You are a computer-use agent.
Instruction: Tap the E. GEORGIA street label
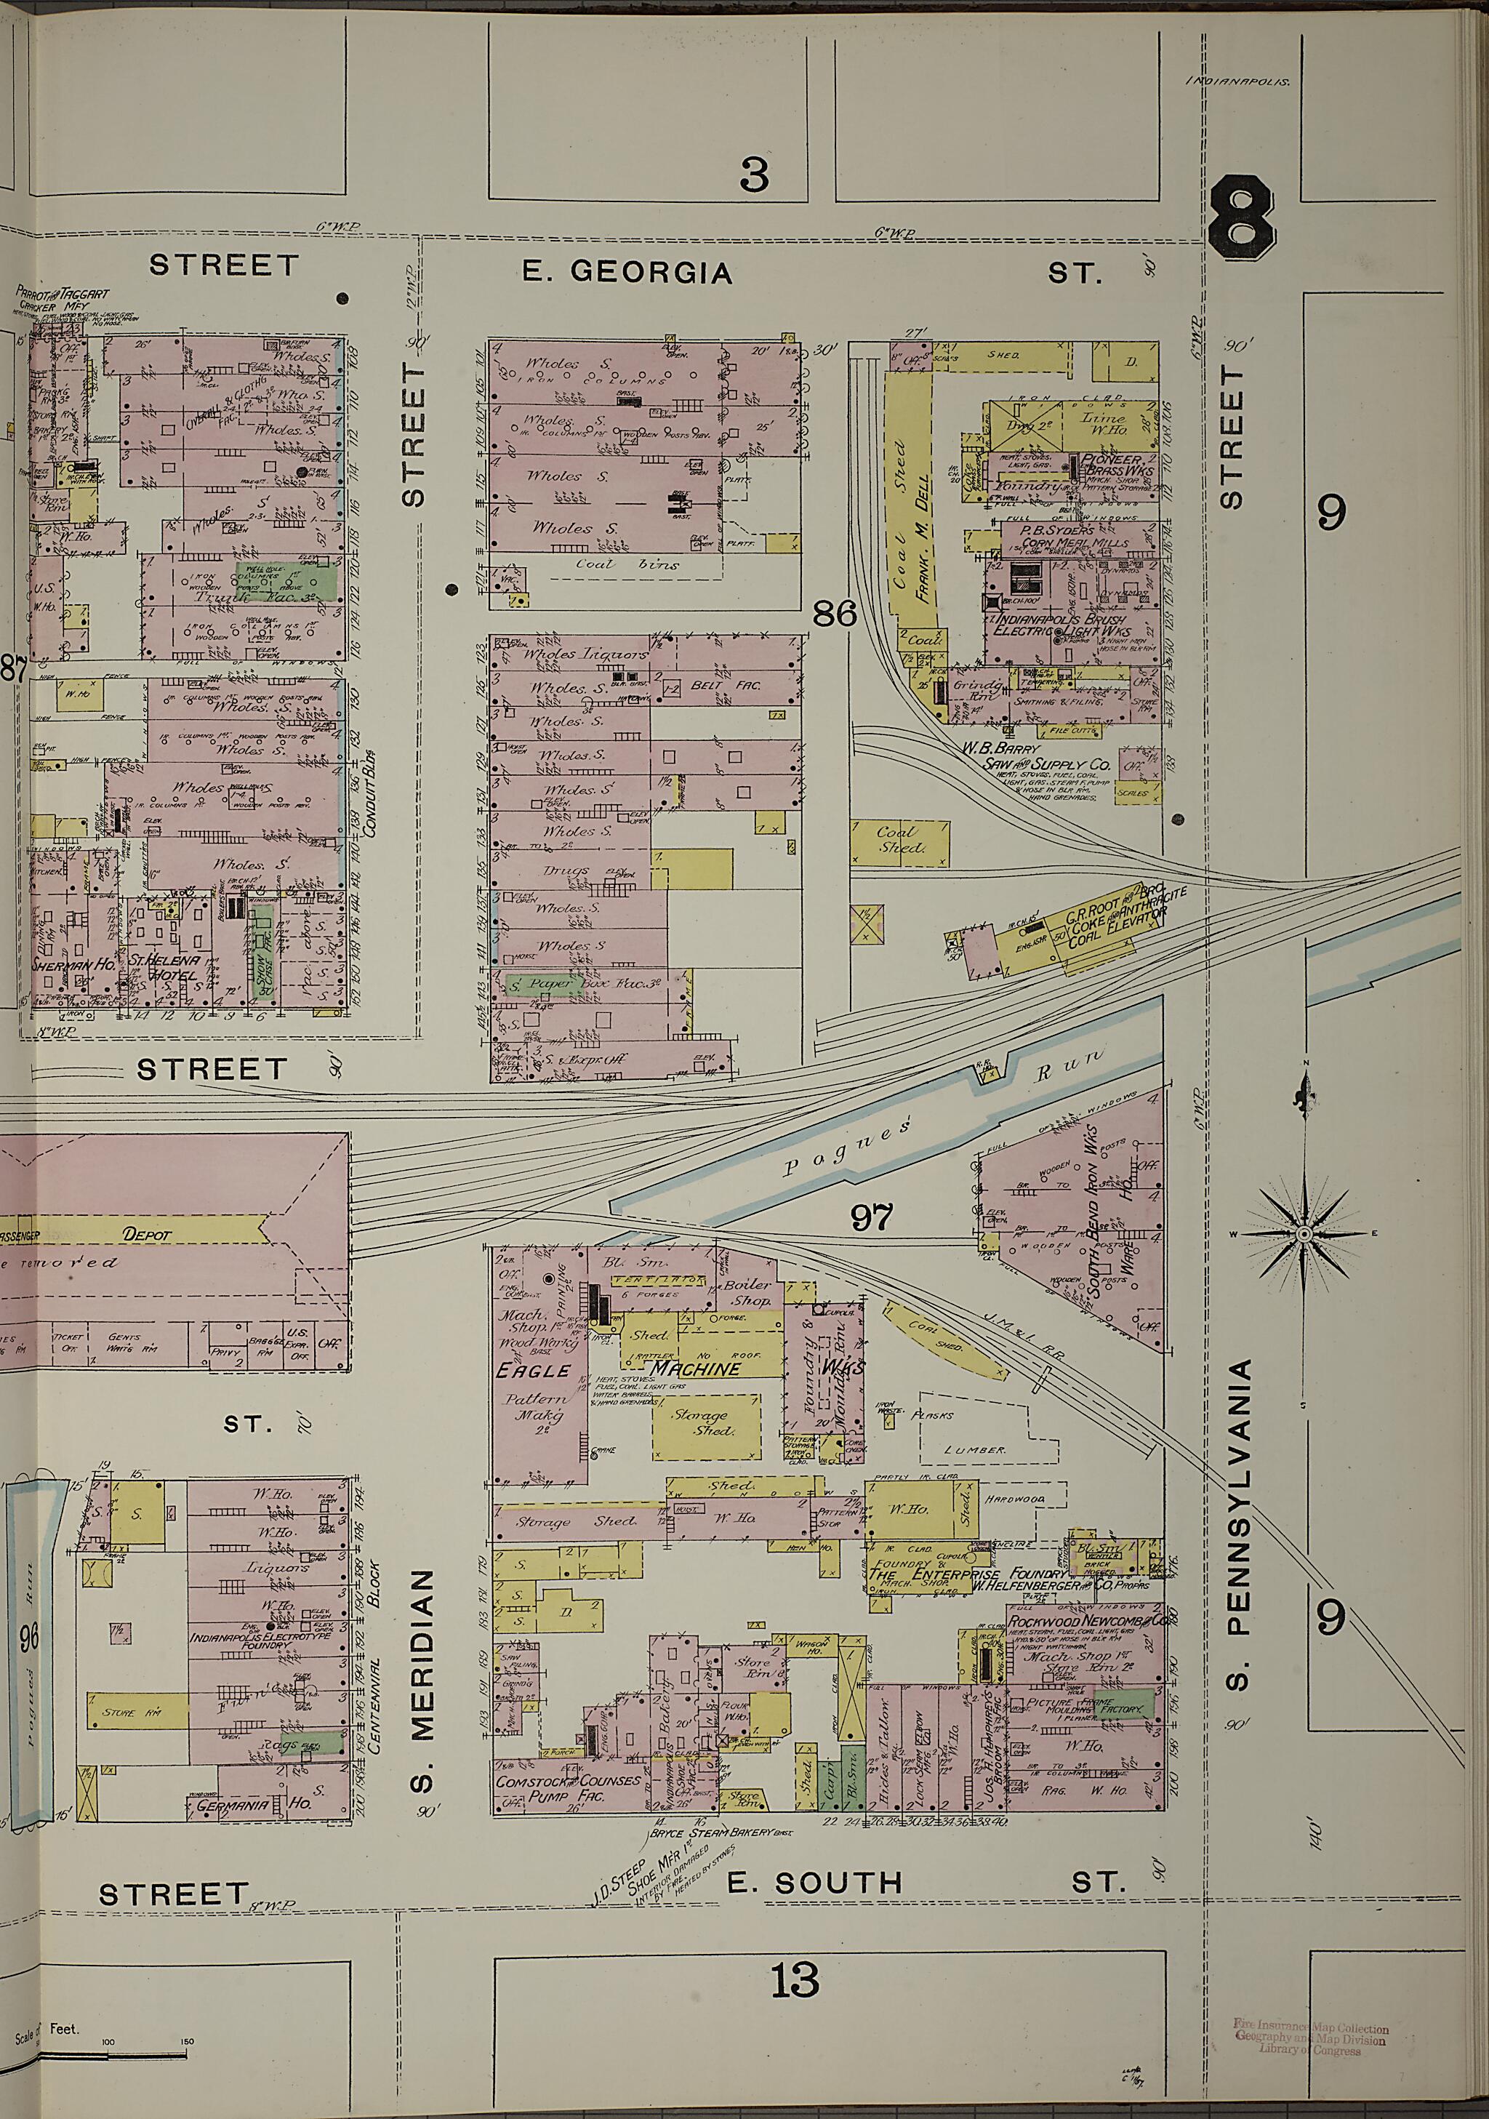(628, 271)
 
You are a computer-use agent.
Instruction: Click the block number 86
(836, 614)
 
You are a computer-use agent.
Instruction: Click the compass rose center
(1304, 1234)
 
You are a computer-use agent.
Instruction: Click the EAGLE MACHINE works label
(637, 1369)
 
